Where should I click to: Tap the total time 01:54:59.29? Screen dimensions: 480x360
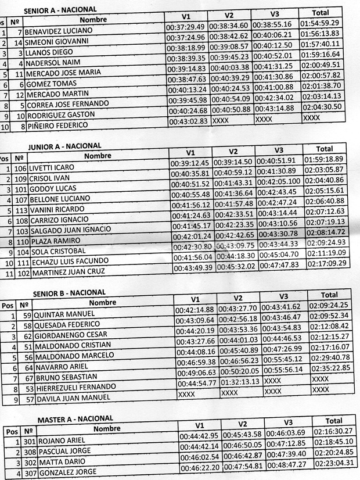[x=321, y=23]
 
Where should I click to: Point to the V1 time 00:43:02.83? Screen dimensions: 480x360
[x=188, y=122]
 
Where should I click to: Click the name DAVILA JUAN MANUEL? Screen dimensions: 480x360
[x=73, y=400]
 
